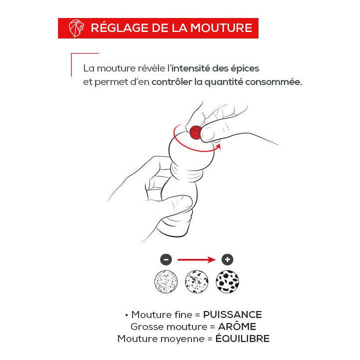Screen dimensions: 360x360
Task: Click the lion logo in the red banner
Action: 76,28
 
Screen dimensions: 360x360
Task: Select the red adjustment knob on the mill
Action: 195,132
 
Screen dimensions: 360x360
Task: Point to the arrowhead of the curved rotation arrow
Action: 218,146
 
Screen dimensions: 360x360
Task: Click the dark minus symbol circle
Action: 166,259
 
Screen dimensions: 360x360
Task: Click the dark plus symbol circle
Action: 227,259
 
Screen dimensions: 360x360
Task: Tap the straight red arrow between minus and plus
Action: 196,259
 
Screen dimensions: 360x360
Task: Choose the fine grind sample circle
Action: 166,281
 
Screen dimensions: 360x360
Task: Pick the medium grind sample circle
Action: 196,281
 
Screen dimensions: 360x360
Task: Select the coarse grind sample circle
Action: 227,281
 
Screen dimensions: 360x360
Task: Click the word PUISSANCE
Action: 232,315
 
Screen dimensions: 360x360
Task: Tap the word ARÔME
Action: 237,326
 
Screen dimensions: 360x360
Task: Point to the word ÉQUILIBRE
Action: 242,338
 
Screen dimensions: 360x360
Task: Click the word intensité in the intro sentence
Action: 190,68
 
